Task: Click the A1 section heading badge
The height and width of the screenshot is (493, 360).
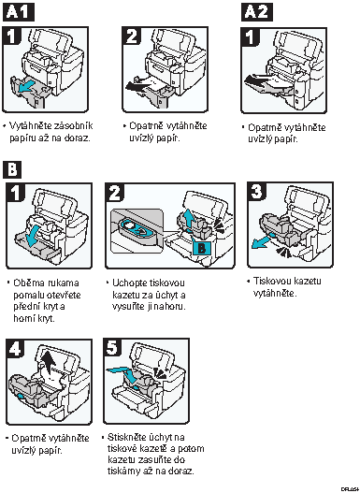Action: point(19,12)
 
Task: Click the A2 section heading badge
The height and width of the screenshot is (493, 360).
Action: point(257,12)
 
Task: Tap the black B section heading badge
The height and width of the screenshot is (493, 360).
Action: point(12,169)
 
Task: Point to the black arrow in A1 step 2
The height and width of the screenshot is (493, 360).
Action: point(138,85)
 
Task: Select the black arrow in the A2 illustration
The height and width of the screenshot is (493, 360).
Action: point(257,80)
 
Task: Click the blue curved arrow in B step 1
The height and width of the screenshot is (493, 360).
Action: point(34,236)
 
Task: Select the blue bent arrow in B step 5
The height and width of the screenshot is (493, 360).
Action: point(124,374)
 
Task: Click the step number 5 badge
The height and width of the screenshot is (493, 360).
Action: point(112,348)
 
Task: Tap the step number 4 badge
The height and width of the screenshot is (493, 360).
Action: point(15,349)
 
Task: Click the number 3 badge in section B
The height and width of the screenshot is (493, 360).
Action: point(256,191)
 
